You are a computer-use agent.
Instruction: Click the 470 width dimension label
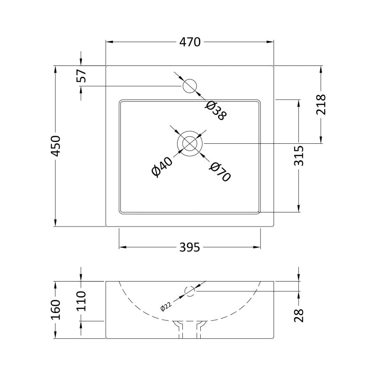click(190, 42)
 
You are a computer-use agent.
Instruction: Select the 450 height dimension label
click(55, 146)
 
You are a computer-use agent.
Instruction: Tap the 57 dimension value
click(81, 76)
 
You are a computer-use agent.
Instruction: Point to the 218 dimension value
click(321, 104)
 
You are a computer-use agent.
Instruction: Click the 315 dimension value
click(299, 156)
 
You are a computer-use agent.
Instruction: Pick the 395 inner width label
click(189, 247)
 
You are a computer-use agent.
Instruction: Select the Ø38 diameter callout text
click(216, 110)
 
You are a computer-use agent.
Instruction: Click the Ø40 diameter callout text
click(162, 167)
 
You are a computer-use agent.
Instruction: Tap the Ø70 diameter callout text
click(220, 172)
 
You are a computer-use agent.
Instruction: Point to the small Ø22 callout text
click(166, 306)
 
